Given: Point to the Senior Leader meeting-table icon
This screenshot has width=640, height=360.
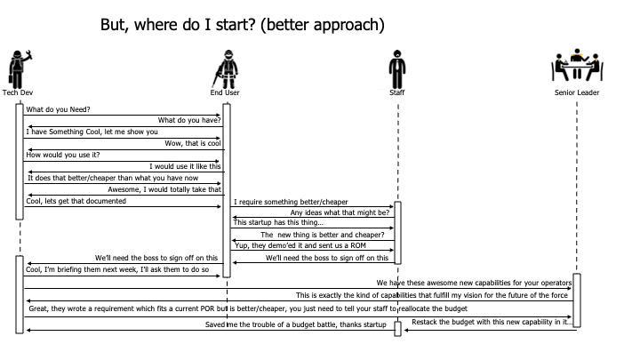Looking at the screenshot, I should (577, 67).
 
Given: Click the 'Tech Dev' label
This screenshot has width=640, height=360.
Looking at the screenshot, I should (18, 92).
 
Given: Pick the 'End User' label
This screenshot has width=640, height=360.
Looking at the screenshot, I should (226, 92).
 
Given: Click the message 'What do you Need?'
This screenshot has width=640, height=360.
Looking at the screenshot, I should (59, 110).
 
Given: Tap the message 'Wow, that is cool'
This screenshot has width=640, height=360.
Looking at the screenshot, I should (191, 143).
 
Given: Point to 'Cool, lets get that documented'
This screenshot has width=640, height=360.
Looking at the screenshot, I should (76, 201).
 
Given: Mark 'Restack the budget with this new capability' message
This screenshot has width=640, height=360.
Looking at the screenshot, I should (489, 321).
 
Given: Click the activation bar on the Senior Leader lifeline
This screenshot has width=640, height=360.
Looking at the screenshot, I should (577, 300).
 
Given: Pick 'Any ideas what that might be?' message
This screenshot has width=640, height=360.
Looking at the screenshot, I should (340, 212).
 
